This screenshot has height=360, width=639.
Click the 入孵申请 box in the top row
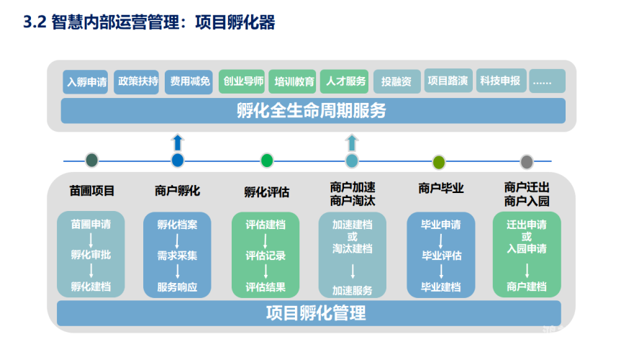click(x=87, y=82)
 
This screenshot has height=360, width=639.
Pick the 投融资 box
click(x=396, y=82)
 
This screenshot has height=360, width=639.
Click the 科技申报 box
click(x=500, y=81)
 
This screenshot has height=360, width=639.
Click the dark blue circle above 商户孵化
click(x=178, y=161)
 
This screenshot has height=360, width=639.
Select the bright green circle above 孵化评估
click(x=267, y=161)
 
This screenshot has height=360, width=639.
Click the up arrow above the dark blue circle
click(x=178, y=142)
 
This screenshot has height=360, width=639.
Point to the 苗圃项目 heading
click(x=92, y=191)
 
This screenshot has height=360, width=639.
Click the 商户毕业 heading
click(x=440, y=189)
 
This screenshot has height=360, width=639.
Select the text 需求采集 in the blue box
click(x=177, y=256)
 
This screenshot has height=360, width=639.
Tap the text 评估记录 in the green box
click(x=266, y=256)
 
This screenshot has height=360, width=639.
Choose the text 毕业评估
click(x=441, y=256)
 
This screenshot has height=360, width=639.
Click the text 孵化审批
click(x=91, y=255)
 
